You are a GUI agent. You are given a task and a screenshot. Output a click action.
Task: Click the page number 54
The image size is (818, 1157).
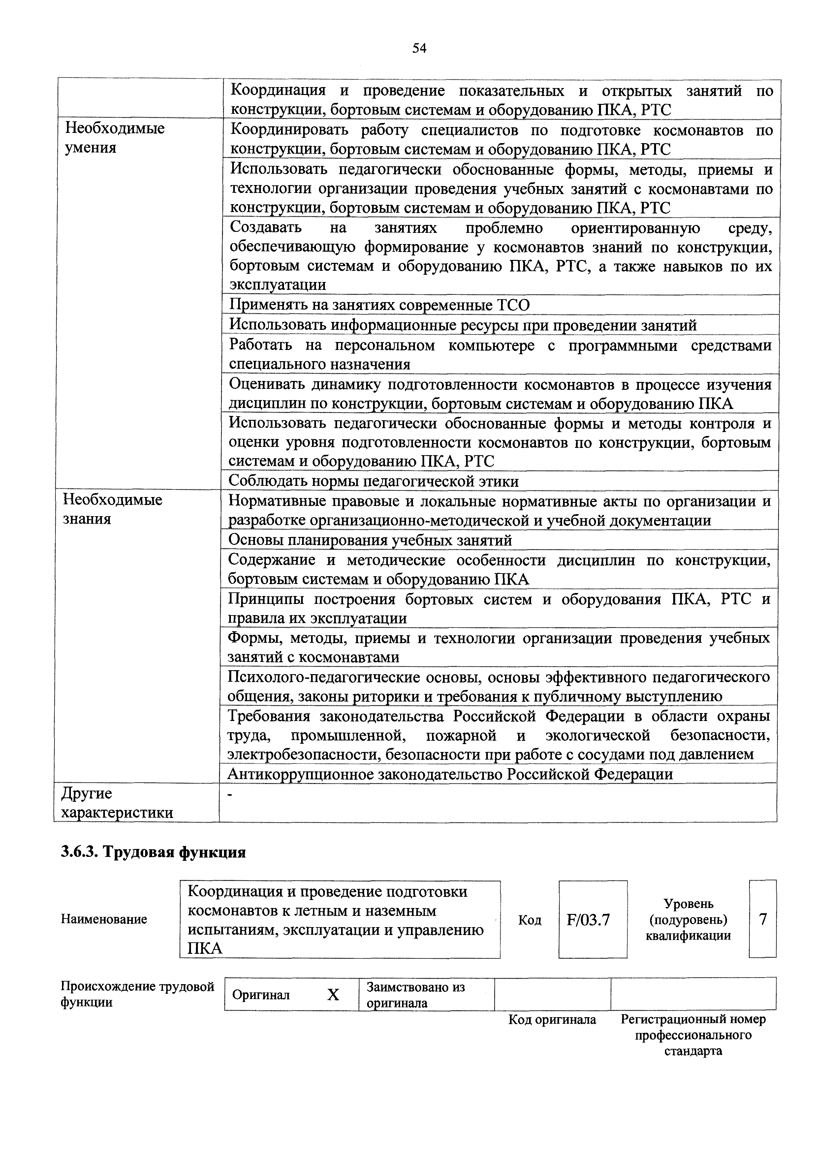[419, 48]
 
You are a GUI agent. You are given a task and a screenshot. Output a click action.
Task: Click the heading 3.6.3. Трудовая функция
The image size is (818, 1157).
[153, 852]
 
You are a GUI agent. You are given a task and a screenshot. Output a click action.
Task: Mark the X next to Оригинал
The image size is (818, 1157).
[333, 995]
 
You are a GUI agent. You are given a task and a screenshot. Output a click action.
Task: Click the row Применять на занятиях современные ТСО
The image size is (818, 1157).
[380, 305]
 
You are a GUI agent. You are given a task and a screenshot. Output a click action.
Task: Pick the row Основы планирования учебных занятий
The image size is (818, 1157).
[370, 540]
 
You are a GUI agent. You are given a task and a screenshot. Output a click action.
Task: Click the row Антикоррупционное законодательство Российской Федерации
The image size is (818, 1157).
[450, 774]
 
